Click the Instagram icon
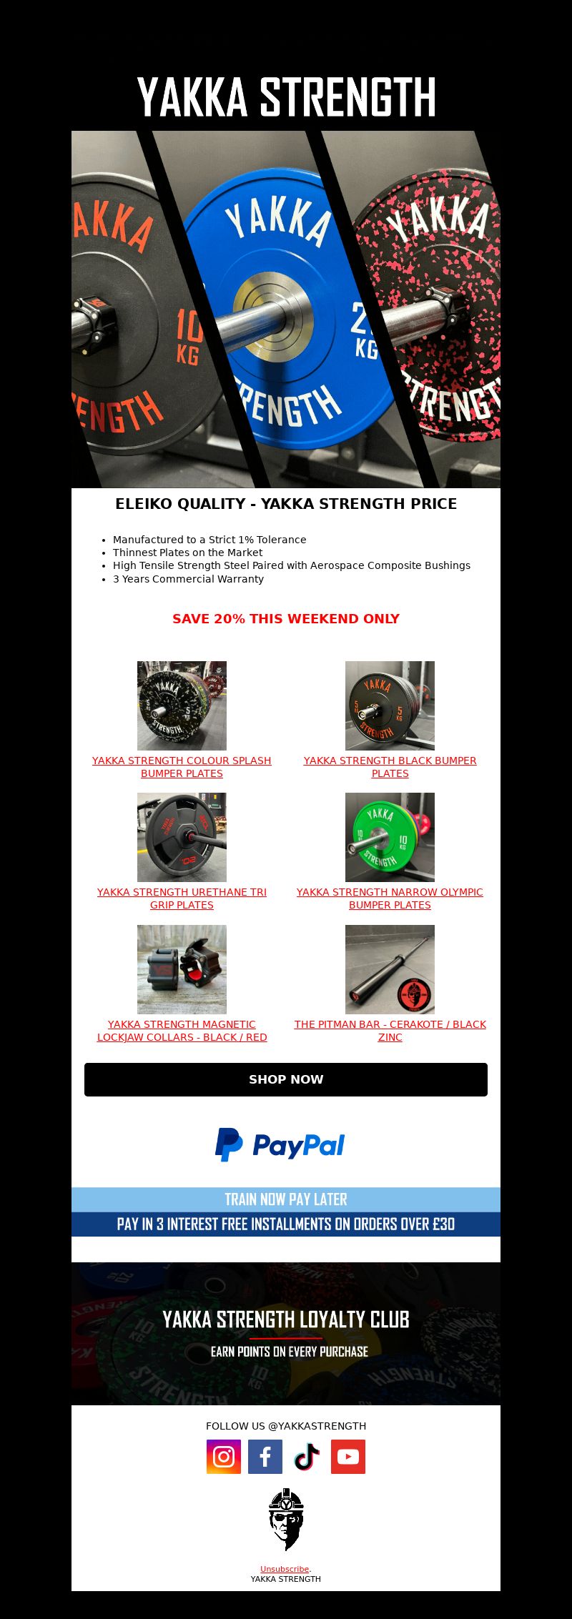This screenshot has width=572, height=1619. coord(224,1456)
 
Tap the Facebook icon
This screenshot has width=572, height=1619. coord(265,1456)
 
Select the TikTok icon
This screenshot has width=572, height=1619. coord(307,1456)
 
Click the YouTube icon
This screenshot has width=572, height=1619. coord(348,1456)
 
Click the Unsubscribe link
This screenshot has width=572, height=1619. coord(285,1569)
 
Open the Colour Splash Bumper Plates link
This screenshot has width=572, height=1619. coord(182,767)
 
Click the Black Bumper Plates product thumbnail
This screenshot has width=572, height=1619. coord(390,705)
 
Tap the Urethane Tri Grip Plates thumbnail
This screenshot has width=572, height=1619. coord(182,837)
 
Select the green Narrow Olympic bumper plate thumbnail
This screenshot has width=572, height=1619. coord(390,837)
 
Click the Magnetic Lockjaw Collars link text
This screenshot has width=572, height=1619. coord(182,1031)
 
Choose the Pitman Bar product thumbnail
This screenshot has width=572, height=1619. coord(390,969)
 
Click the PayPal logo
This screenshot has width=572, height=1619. coord(280,1144)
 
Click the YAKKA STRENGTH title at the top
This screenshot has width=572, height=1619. coord(286,97)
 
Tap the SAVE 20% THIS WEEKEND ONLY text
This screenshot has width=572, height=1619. coord(286,619)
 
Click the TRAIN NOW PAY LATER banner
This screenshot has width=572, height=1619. coord(286,1199)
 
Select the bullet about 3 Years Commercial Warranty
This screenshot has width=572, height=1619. coord(188,579)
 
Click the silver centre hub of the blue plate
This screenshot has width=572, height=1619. coord(272,313)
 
